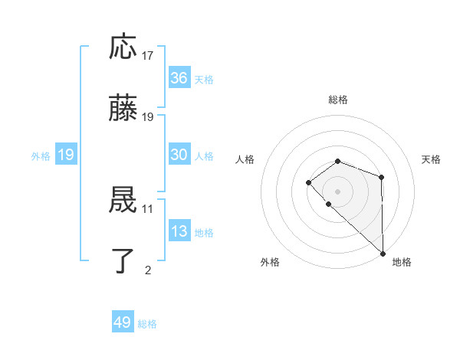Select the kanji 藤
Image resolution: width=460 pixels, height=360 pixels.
click(x=123, y=110)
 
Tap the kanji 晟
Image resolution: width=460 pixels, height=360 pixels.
click(x=123, y=201)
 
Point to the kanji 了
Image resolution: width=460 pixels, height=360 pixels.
click(x=123, y=261)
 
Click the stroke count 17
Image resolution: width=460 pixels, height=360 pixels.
click(x=148, y=55)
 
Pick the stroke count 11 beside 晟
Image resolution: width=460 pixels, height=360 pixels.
click(x=148, y=208)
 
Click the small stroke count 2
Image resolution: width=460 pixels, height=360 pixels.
click(x=148, y=270)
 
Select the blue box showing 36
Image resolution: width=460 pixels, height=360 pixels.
click(x=179, y=78)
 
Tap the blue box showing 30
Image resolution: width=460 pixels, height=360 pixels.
click(x=179, y=155)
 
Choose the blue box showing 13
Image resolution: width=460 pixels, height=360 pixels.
click(x=179, y=231)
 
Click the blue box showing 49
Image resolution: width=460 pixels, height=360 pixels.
click(x=123, y=322)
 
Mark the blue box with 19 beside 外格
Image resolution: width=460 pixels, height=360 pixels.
click(x=65, y=155)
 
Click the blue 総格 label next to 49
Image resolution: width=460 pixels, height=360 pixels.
click(x=147, y=324)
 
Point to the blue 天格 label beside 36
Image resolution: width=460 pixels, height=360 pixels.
click(x=204, y=79)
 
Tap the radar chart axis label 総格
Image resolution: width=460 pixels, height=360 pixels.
click(x=337, y=100)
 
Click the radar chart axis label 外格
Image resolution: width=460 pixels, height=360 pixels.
click(x=270, y=262)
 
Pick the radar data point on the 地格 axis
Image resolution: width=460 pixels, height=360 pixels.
click(x=383, y=253)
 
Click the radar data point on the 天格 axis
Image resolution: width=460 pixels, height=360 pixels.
click(x=381, y=177)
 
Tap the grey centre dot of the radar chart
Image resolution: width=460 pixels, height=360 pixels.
click(x=337, y=191)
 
